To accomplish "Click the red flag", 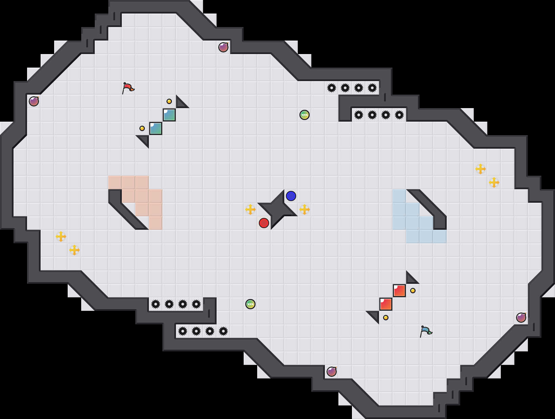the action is [x=128, y=88].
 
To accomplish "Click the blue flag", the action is [x=426, y=331].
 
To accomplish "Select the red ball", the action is [x=264, y=223].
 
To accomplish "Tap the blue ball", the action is [x=291, y=196].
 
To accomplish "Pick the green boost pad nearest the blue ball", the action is [x=305, y=115].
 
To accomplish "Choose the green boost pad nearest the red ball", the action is [x=250, y=304].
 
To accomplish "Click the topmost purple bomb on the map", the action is [x=223, y=47].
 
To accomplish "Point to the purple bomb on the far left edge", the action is [x=34, y=101].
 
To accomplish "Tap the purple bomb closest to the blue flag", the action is [x=521, y=318].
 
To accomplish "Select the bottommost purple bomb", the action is [x=332, y=372].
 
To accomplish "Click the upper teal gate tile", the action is [x=169, y=115].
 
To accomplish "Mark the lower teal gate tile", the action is [x=156, y=128].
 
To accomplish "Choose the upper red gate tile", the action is [x=399, y=291].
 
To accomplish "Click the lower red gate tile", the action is [x=386, y=304].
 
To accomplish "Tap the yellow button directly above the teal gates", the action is [x=169, y=101].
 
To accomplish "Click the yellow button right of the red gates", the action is [x=413, y=291].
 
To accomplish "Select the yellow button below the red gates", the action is [x=386, y=318].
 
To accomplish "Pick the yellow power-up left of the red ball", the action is [x=250, y=209].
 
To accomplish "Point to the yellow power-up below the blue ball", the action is [x=305, y=209].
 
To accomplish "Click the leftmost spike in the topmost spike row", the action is [x=332, y=88].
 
